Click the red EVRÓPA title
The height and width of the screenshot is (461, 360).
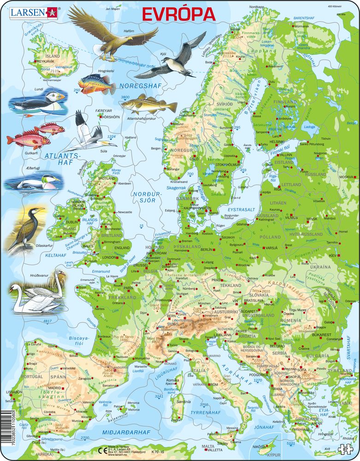coord(178,14)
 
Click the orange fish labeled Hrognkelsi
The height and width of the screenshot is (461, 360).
coord(97,84)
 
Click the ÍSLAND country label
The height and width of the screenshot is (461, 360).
coord(53,56)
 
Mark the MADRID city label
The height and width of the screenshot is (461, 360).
coord(54,388)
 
